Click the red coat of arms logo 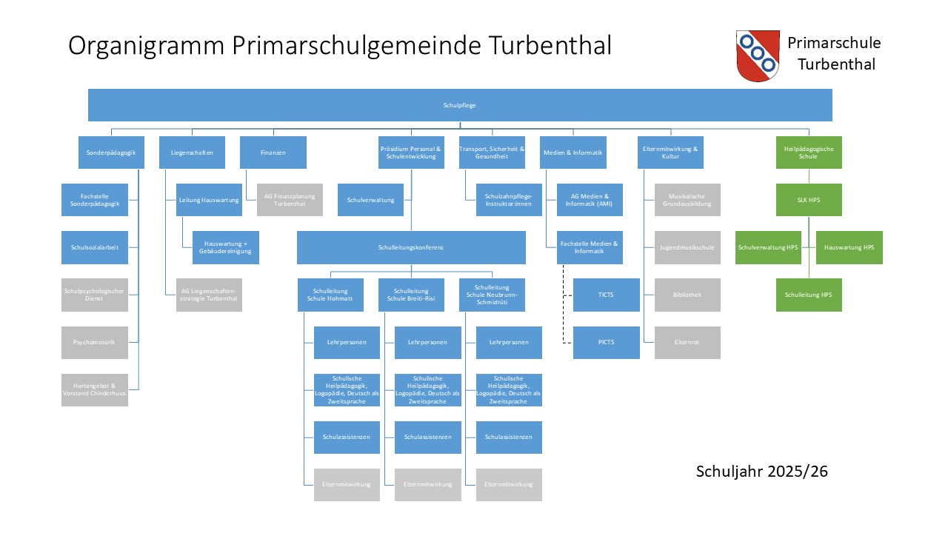pos(758,56)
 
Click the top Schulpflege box pos(460,105)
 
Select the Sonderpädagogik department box pos(111,152)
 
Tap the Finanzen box pos(273,152)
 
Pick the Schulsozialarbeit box pos(94,247)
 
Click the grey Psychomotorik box pos(94,342)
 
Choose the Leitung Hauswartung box pos(210,200)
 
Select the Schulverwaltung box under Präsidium pos(370,200)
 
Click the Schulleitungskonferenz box pos(411,247)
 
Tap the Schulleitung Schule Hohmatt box pos(330,295)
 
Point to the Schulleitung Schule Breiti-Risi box pos(411,295)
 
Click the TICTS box pos(606,295)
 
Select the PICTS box pos(606,342)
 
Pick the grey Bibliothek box pos(687,295)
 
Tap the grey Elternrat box pos(687,342)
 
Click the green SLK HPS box pos(809,200)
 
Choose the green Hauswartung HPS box pos(849,247)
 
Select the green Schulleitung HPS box pos(809,295)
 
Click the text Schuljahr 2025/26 pos(761,471)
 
